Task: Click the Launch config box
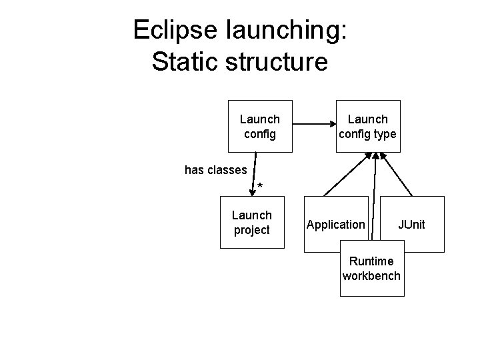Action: [x=259, y=126]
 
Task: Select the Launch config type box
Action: [x=367, y=126]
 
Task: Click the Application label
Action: [x=335, y=225]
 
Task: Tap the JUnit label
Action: [x=411, y=225]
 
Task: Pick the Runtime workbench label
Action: [x=371, y=268]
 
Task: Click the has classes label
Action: [x=215, y=170]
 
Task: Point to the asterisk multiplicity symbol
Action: [x=260, y=185]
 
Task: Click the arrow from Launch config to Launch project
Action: [x=254, y=175]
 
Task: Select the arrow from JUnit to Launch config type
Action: [x=399, y=175]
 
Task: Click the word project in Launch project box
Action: [x=252, y=230]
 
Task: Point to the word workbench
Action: [x=371, y=275]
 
